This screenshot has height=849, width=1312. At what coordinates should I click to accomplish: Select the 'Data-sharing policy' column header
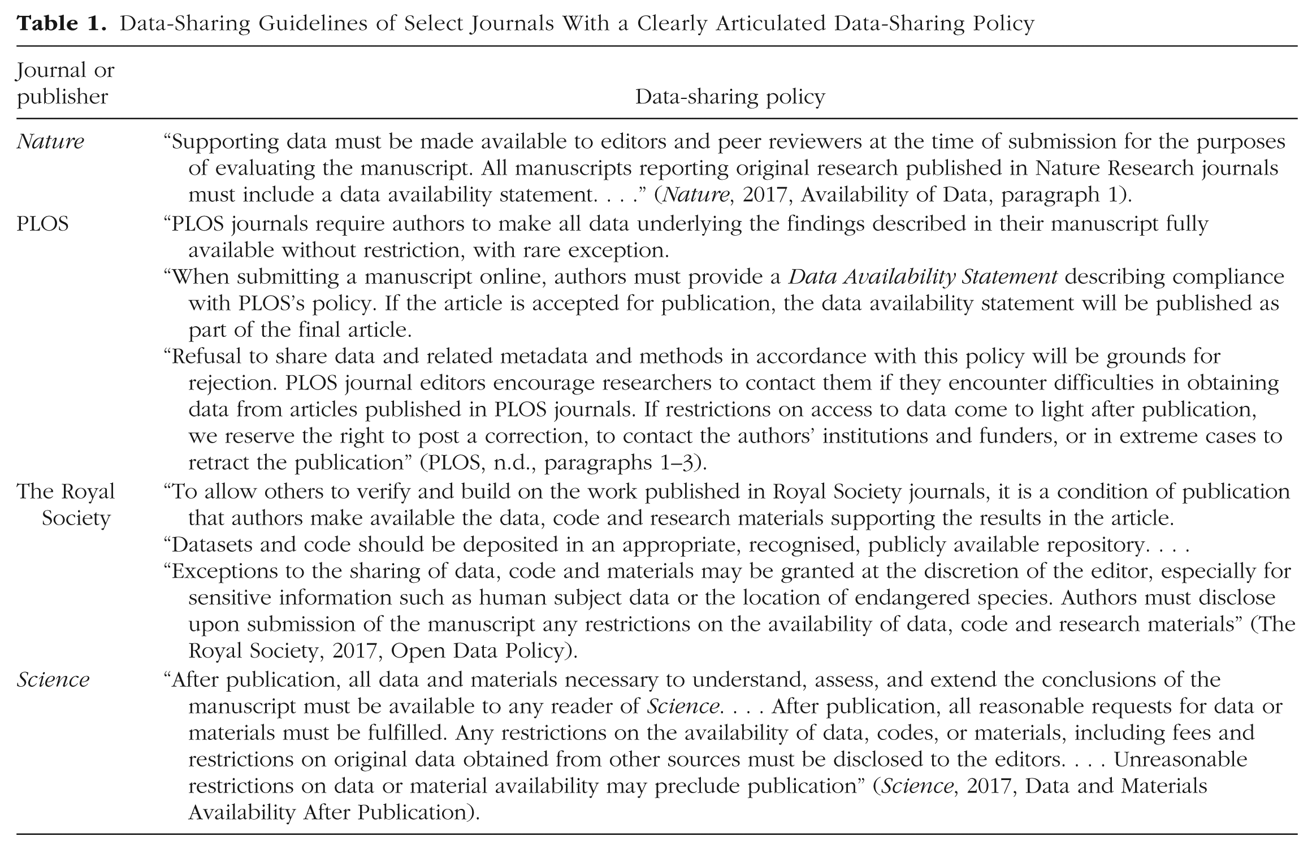pos(730,97)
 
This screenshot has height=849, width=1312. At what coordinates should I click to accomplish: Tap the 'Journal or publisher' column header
pos(65,84)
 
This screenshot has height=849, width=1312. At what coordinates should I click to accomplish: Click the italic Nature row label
pos(50,141)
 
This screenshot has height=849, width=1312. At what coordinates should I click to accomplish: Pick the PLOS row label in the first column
pos(42,224)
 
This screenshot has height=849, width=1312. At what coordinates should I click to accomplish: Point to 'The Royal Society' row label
pos(66,505)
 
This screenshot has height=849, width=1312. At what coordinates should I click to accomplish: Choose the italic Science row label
pos(53,679)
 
